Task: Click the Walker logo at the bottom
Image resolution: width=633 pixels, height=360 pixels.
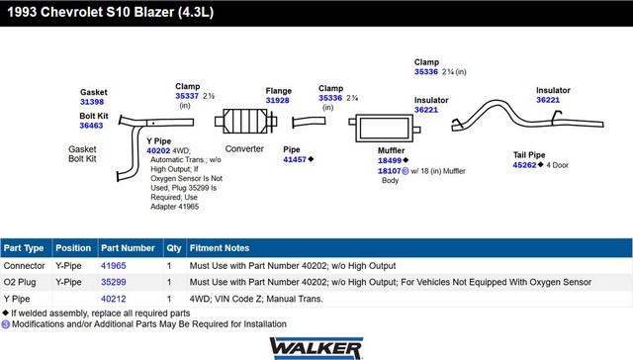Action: [316, 349]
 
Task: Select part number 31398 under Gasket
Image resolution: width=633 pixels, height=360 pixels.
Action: [92, 102]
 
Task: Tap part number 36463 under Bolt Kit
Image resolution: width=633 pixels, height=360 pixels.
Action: [91, 126]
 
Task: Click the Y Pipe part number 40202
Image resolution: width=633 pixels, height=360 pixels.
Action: [158, 150]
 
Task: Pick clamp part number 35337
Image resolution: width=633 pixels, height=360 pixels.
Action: [187, 96]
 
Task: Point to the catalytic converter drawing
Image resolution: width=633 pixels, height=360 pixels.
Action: [245, 121]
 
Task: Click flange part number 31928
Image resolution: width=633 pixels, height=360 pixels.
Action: [277, 101]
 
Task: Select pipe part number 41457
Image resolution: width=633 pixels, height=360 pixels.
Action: [295, 159]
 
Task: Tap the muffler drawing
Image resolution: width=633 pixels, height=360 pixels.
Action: [385, 129]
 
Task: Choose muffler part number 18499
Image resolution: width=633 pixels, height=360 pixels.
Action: [390, 160]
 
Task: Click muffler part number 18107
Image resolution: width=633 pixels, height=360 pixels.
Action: [389, 171]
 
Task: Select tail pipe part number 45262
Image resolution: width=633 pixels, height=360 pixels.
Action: [524, 165]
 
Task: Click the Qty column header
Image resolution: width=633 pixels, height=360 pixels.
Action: [174, 248]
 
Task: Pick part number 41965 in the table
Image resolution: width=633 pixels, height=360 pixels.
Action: [114, 266]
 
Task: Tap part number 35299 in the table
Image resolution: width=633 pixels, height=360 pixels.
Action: [114, 282]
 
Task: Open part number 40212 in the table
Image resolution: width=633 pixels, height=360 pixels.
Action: [114, 299]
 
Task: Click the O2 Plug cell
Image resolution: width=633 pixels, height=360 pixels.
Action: [20, 282]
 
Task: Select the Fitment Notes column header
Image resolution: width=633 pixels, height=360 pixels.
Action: [220, 248]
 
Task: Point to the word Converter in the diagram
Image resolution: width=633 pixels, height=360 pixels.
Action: [244, 149]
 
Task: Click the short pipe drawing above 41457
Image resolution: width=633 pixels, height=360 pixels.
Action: [309, 122]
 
